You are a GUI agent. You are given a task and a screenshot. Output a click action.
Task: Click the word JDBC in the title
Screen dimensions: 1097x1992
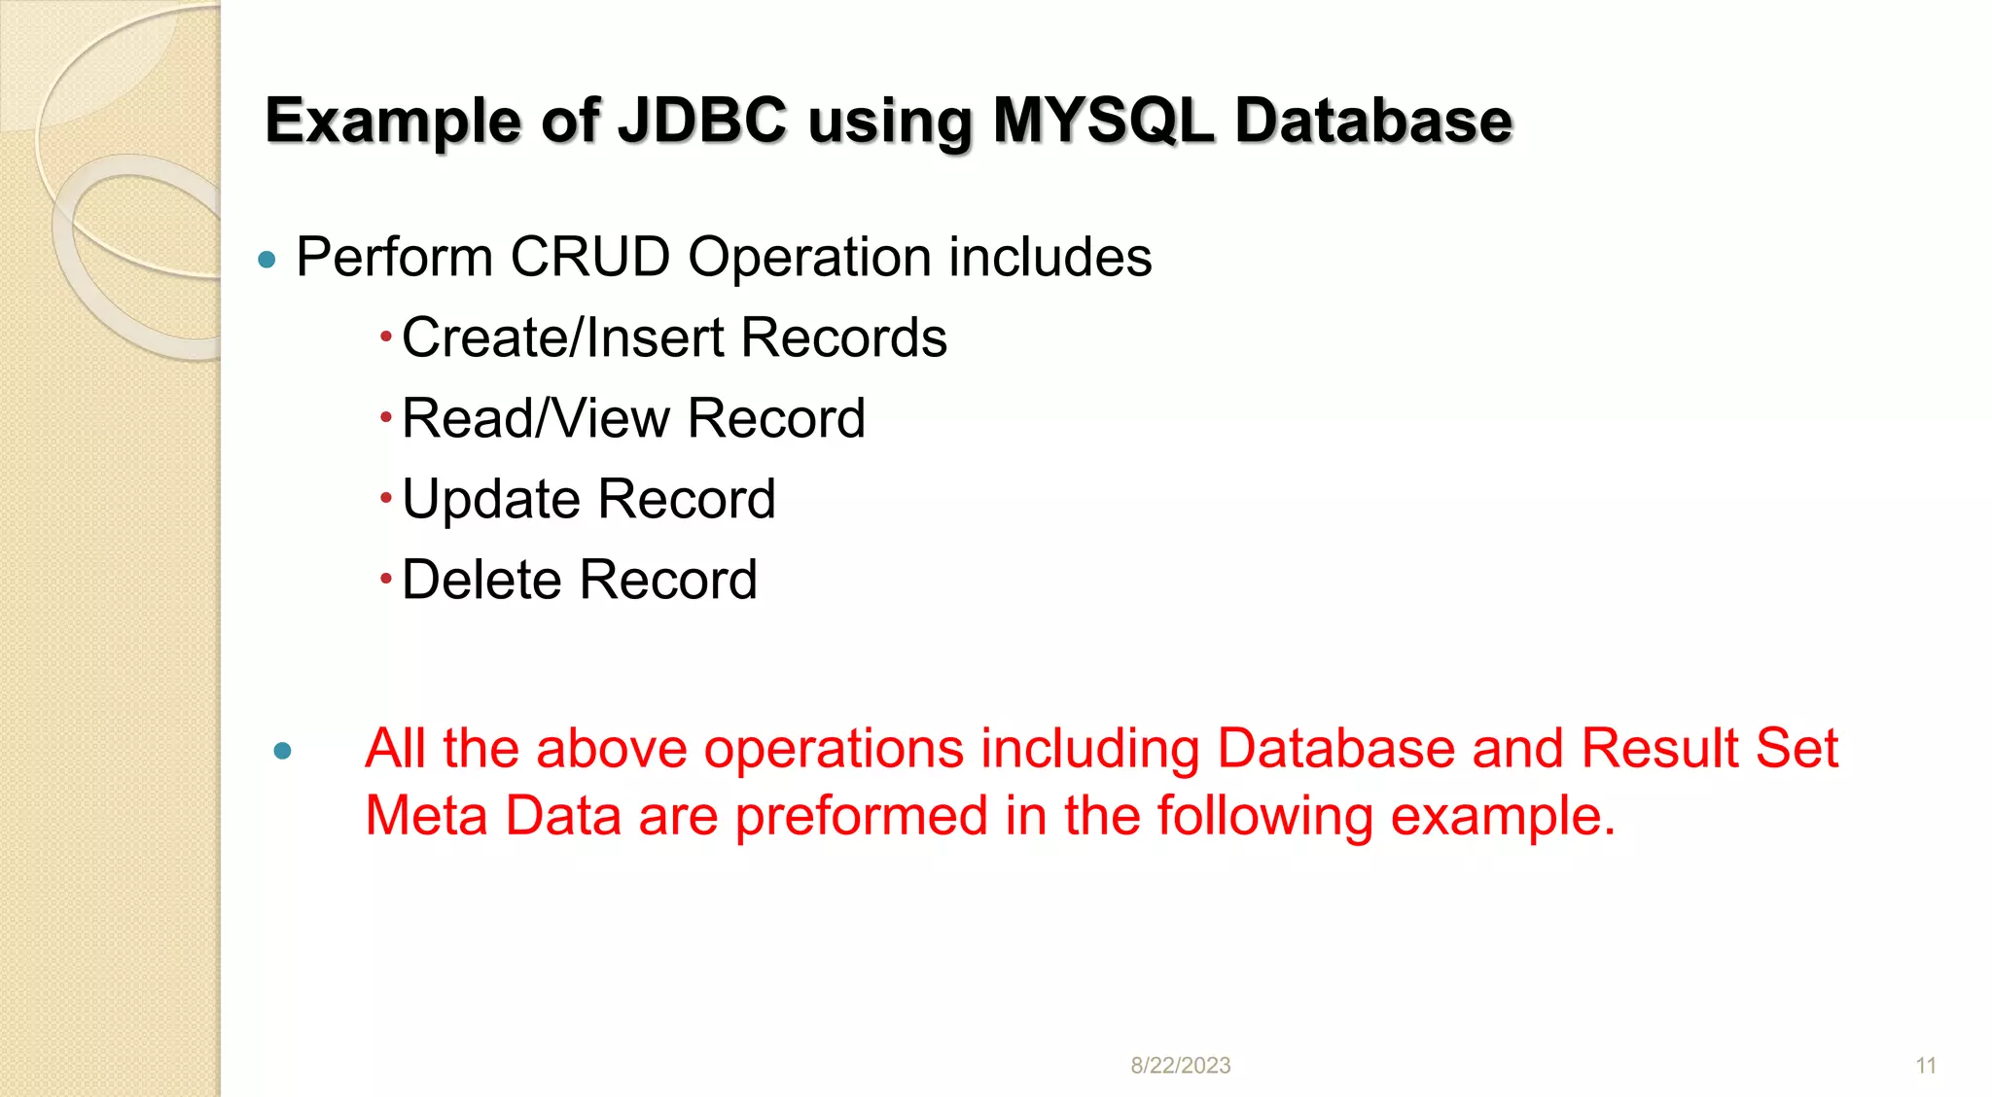(702, 121)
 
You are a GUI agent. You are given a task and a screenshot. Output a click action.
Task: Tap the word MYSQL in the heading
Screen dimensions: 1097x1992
(1103, 121)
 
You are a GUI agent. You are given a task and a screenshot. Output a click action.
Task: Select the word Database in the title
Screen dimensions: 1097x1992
(1373, 121)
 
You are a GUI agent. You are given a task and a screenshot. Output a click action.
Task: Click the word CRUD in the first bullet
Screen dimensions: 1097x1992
(589, 258)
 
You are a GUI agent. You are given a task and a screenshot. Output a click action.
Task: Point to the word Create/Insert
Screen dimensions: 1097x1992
(563, 338)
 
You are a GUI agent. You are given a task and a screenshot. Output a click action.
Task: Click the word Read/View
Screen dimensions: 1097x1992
(536, 419)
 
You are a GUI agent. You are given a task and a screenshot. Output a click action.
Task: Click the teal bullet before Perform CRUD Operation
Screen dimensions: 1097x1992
(267, 260)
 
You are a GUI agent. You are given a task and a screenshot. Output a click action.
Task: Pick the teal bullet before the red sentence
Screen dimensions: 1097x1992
(283, 751)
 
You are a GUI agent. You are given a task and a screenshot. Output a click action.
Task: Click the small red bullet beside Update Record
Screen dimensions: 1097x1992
(386, 499)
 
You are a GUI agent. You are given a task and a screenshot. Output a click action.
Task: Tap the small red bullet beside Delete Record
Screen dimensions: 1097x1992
(386, 580)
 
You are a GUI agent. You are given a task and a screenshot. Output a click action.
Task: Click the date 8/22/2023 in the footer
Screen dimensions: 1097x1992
(1180, 1066)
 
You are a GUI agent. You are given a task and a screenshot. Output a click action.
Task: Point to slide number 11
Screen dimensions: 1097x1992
(1926, 1066)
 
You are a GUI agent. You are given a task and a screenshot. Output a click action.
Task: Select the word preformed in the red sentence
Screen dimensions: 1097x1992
(861, 817)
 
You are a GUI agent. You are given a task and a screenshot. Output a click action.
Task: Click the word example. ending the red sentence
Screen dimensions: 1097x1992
(1503, 817)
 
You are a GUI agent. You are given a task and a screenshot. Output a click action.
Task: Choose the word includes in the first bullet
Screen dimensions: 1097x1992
(1049, 258)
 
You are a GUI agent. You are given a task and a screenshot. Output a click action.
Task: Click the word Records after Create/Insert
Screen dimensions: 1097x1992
(843, 338)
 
